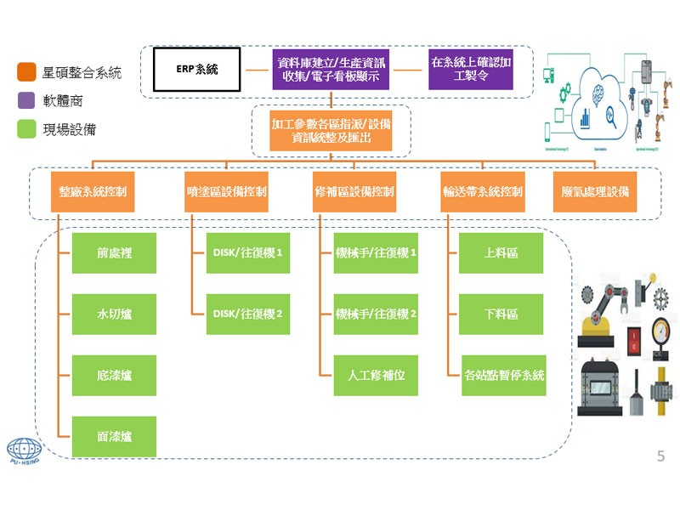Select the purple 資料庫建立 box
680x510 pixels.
(x=330, y=70)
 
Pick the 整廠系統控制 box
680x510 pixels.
(x=93, y=191)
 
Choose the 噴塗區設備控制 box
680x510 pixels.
(x=225, y=191)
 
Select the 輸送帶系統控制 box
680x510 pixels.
(x=483, y=191)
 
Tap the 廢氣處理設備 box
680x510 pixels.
(x=595, y=191)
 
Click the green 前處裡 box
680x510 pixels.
(x=114, y=253)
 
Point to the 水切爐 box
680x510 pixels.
(x=114, y=314)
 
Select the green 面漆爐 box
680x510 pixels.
(x=114, y=436)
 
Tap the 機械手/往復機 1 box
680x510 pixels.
(x=376, y=253)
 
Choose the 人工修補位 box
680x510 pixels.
(x=376, y=375)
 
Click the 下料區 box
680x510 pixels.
(x=501, y=314)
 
